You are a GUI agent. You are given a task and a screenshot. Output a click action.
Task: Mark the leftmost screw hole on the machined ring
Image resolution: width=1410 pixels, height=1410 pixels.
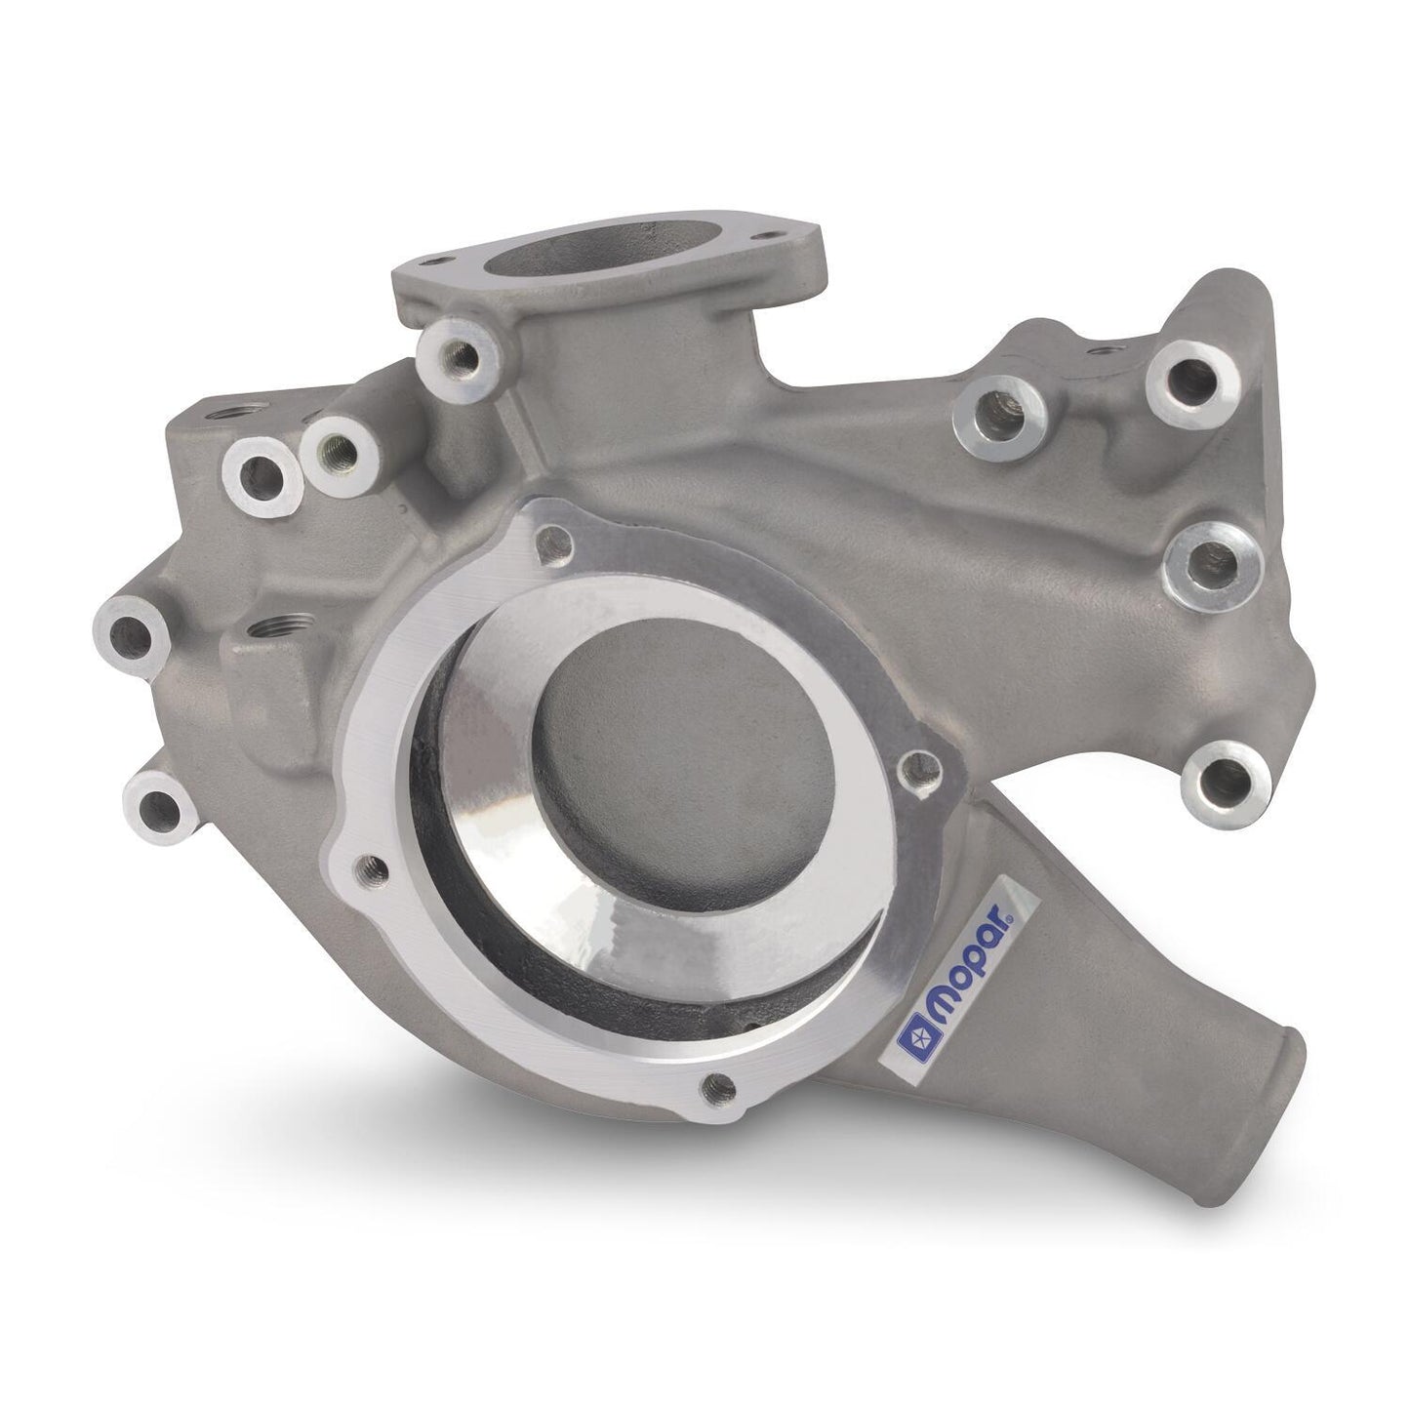(368, 863)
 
